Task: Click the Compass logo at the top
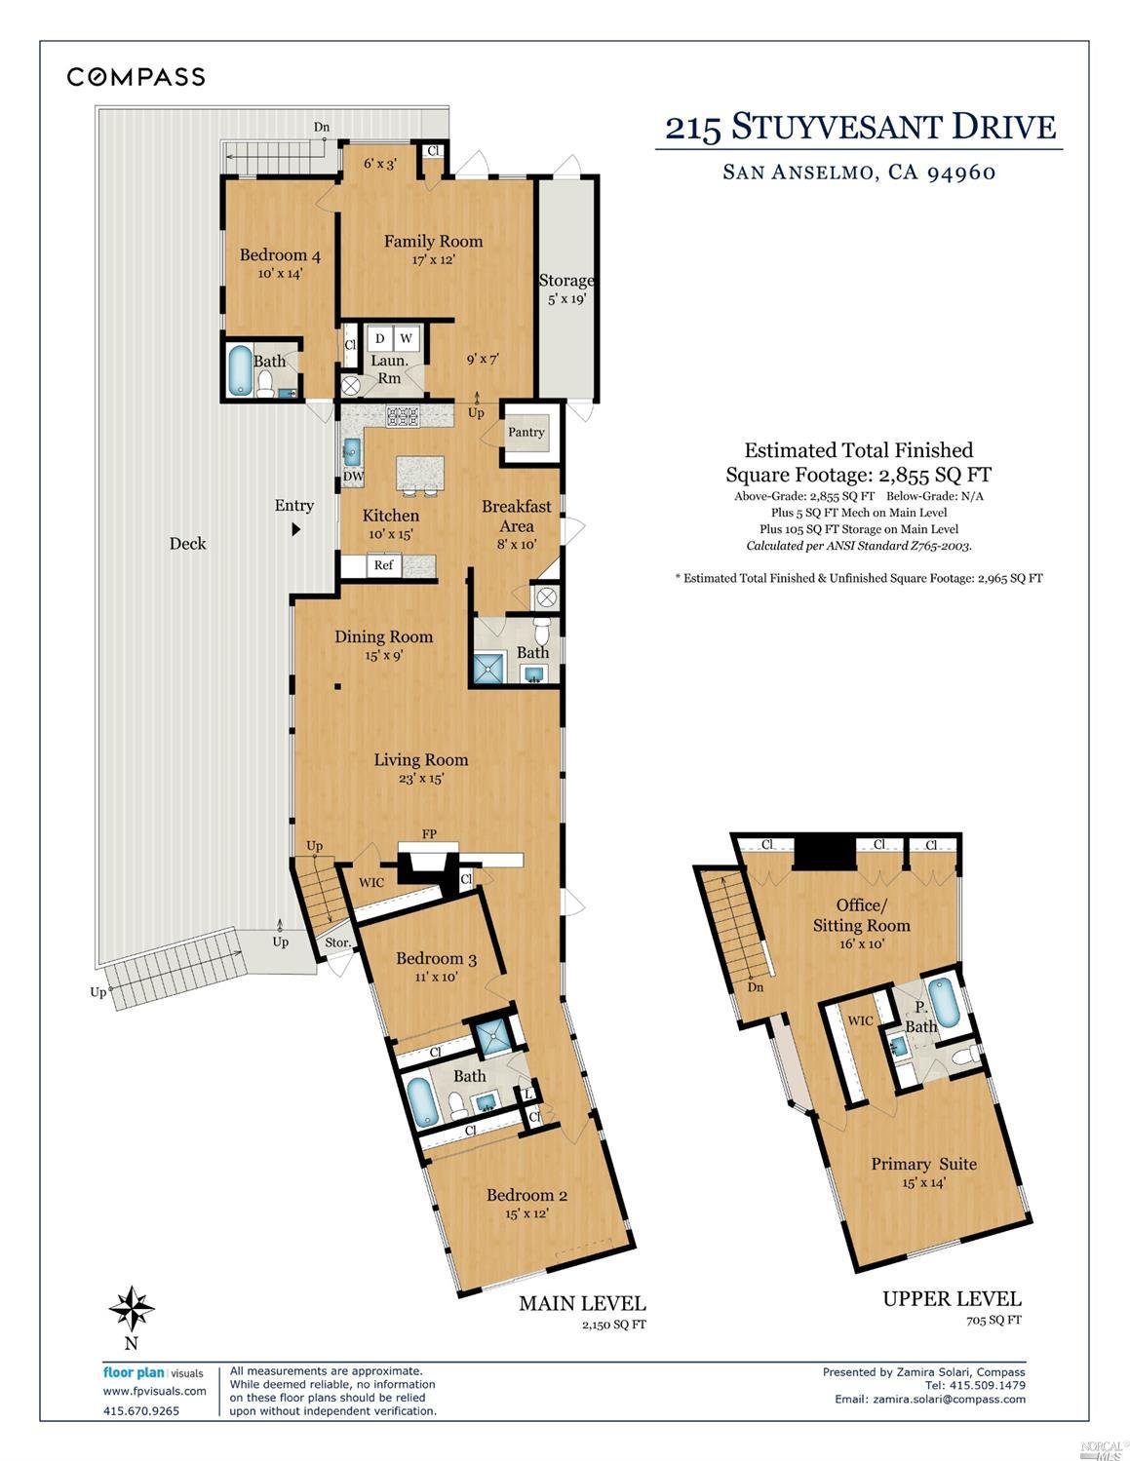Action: pyautogui.click(x=136, y=77)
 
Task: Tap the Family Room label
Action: pyautogui.click(x=433, y=241)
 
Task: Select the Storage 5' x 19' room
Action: pyautogui.click(x=566, y=289)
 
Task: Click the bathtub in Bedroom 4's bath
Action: pyautogui.click(x=239, y=371)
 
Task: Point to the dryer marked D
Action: pyautogui.click(x=379, y=338)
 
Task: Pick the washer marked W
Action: pyautogui.click(x=407, y=338)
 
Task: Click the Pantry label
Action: pyautogui.click(x=526, y=432)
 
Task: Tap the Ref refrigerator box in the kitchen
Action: pyautogui.click(x=383, y=565)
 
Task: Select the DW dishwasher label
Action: pyautogui.click(x=353, y=477)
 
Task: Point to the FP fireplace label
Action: pyautogui.click(x=429, y=834)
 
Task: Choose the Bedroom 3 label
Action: pyautogui.click(x=436, y=959)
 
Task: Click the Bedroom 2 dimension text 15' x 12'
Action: pyautogui.click(x=526, y=1213)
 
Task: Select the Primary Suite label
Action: pyautogui.click(x=923, y=1164)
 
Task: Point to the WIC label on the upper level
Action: pyautogui.click(x=861, y=1020)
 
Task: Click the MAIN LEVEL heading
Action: pyautogui.click(x=581, y=1303)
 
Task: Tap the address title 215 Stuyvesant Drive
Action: pyautogui.click(x=860, y=127)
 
